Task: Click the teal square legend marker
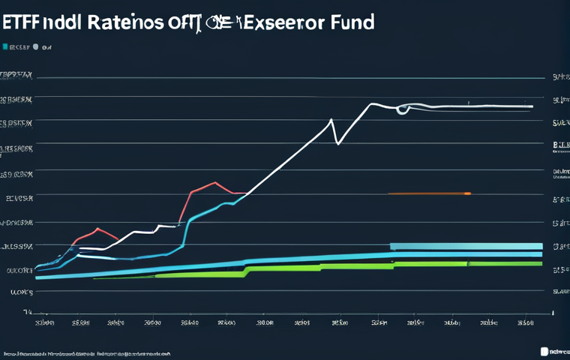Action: click(x=5, y=46)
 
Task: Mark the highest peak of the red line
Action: click(x=215, y=182)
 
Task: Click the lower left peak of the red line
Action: click(x=97, y=229)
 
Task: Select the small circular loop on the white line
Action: click(x=403, y=109)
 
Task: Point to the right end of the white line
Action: click(x=532, y=106)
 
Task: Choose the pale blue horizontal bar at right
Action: click(x=466, y=246)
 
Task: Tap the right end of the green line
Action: click(x=541, y=263)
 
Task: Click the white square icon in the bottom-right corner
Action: click(x=545, y=350)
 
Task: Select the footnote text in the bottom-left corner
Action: click(x=86, y=352)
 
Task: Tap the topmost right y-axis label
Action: click(x=559, y=76)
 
